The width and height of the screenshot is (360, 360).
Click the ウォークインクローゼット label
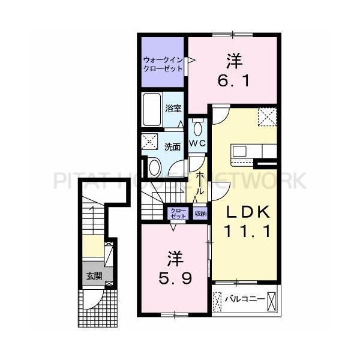tap(163, 65)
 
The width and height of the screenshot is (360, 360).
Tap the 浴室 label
tap(173, 109)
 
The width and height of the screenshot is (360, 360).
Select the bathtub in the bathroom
tap(152, 110)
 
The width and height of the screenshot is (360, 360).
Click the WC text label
tap(197, 143)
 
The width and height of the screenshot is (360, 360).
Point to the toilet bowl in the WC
tap(197, 129)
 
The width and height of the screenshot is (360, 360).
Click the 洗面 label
tap(172, 147)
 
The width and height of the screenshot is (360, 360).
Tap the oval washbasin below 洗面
tap(155, 167)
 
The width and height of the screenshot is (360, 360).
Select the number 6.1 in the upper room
tap(233, 81)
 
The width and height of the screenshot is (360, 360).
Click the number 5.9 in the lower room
tap(175, 279)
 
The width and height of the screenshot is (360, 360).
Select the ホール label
tap(200, 183)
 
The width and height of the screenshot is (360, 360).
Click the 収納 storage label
tap(200, 214)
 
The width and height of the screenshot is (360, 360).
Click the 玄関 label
tap(94, 276)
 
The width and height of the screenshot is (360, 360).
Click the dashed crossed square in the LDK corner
tap(267, 116)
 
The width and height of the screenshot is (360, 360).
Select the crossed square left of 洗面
tap(149, 142)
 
